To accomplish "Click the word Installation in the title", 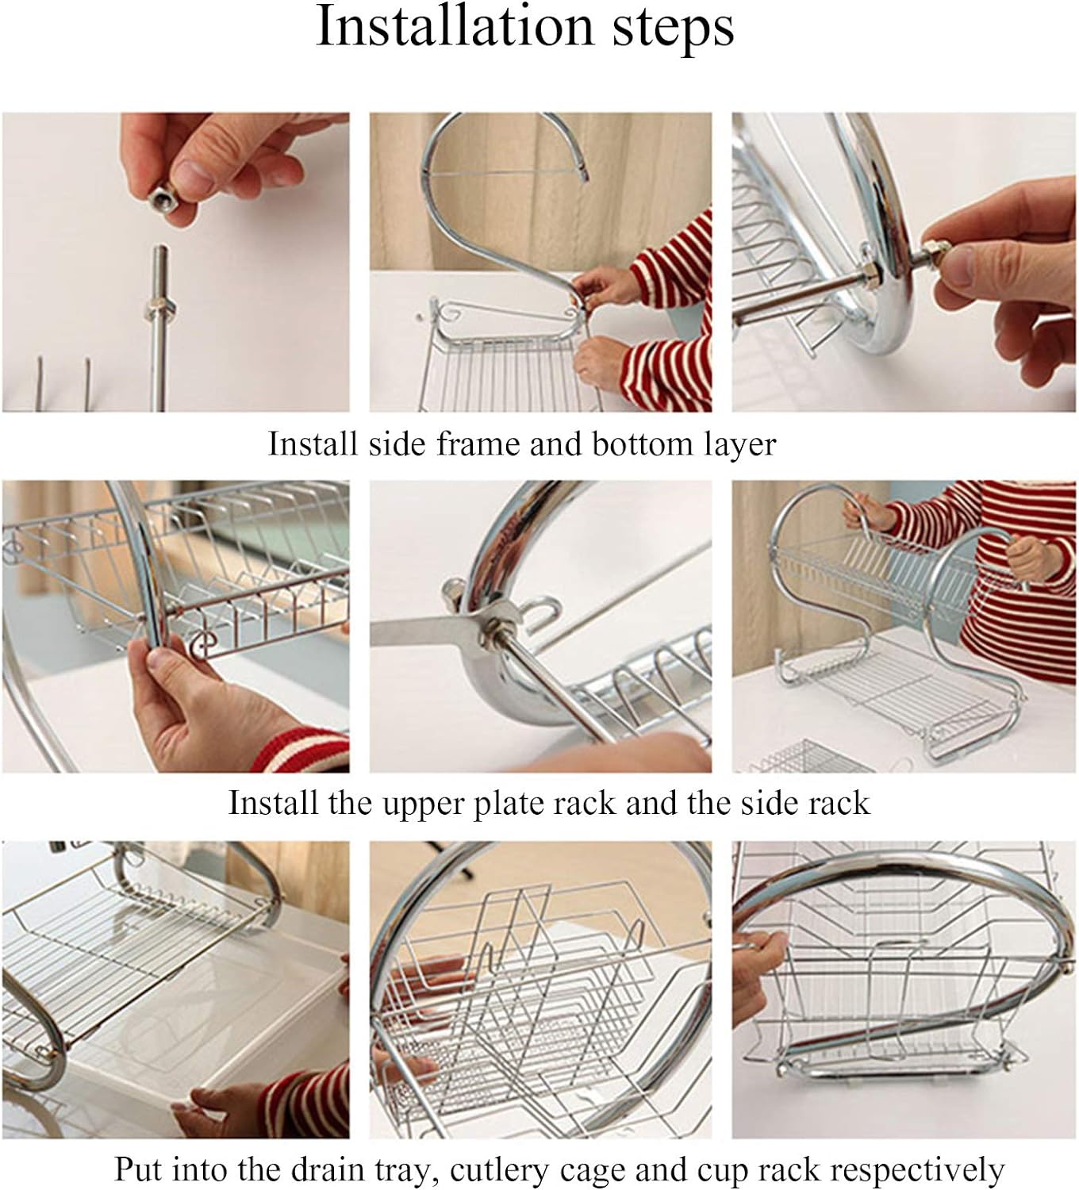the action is [455, 26].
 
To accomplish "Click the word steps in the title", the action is [673, 29].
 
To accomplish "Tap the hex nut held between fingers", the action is [163, 200].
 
